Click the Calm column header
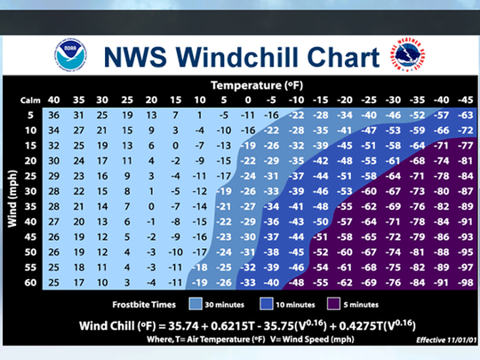pos(30,100)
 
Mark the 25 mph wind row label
pos(31,177)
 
